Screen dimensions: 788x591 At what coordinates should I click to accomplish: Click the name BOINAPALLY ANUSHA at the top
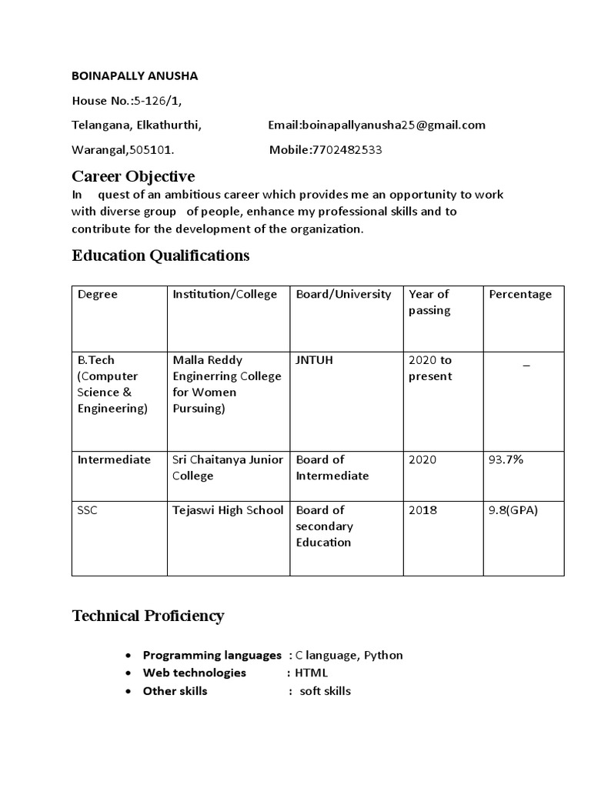[135, 76]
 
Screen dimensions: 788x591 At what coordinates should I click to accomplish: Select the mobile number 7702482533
[347, 150]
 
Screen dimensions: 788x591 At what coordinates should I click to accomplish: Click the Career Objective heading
[133, 176]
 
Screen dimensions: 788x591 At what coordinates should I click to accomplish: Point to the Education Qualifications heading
[161, 255]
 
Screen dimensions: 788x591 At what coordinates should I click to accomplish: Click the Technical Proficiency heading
[148, 616]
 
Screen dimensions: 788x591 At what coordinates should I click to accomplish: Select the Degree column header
[98, 294]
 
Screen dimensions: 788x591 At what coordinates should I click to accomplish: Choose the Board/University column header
[343, 294]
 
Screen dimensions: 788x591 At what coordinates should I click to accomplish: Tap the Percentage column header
[520, 294]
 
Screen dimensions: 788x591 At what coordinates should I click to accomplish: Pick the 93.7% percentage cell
[506, 459]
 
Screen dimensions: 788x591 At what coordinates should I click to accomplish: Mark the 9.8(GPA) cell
[513, 509]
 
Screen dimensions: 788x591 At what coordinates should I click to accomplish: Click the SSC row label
[88, 509]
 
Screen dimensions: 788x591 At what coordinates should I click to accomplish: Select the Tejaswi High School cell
[228, 509]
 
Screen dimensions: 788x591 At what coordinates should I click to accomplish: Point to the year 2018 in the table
[422, 509]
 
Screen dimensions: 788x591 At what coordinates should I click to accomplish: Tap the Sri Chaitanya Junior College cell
[228, 467]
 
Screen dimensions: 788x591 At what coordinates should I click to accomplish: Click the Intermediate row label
[114, 459]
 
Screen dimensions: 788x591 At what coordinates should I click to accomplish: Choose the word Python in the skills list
[383, 655]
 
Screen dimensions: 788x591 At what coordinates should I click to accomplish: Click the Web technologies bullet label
[194, 673]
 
